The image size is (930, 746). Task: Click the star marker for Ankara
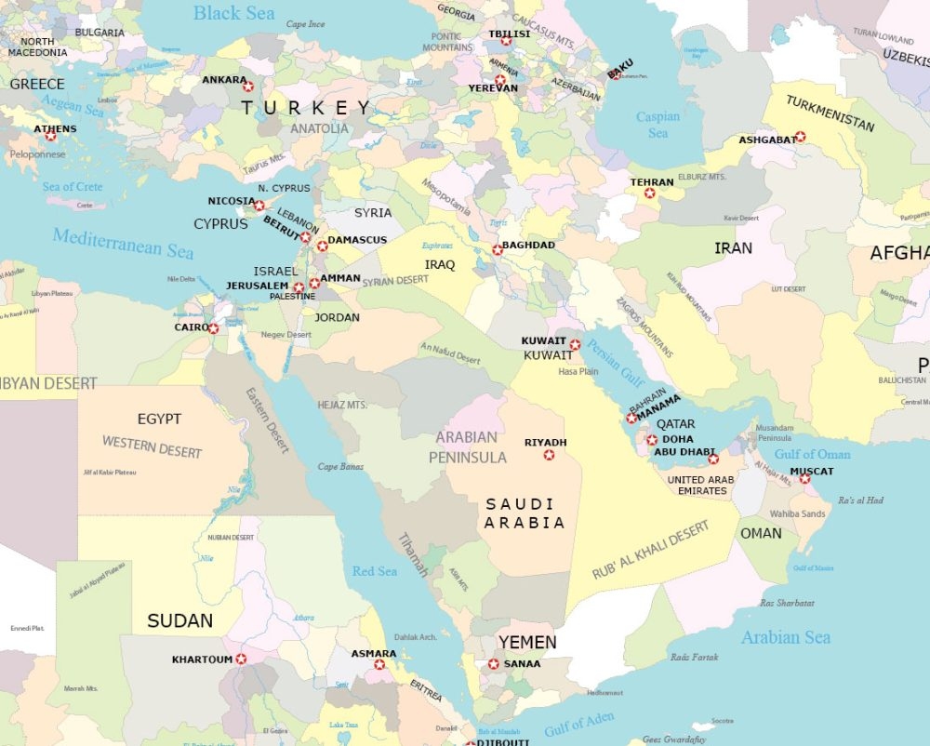tap(248, 87)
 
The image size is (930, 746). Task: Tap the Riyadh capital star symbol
tap(550, 455)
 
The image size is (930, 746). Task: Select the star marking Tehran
tap(650, 193)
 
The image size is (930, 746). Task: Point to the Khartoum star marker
tap(242, 659)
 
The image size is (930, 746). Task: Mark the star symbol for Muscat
tap(804, 478)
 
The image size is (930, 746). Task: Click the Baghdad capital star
tap(498, 248)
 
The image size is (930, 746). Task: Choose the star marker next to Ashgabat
tap(800, 137)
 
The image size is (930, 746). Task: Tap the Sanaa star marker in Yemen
tap(494, 663)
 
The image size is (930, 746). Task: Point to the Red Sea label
tap(375, 570)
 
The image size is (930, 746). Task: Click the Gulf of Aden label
tap(579, 723)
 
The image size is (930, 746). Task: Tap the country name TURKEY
tap(306, 108)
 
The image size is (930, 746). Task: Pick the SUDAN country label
tap(179, 620)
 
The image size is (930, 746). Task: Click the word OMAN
tap(761, 533)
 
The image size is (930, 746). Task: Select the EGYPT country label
tap(159, 420)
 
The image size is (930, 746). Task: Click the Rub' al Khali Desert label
tap(651, 550)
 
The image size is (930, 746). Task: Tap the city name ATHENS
tap(55, 129)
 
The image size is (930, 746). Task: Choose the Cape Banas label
tap(339, 467)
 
